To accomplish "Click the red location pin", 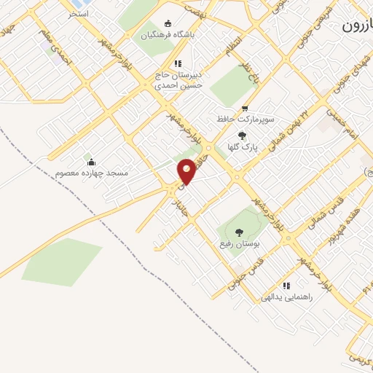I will tap(187, 170).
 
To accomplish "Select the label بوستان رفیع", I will tap(239, 245).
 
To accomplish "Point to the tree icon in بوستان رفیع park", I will tap(239, 232).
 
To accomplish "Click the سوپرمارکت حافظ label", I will tap(246, 117).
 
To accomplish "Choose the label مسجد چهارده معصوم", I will tap(91, 173).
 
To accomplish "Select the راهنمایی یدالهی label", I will tap(286, 297).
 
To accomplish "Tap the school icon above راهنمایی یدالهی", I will tap(286, 286).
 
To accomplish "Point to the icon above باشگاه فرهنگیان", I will tap(169, 23).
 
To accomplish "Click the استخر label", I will tap(78, 13).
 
